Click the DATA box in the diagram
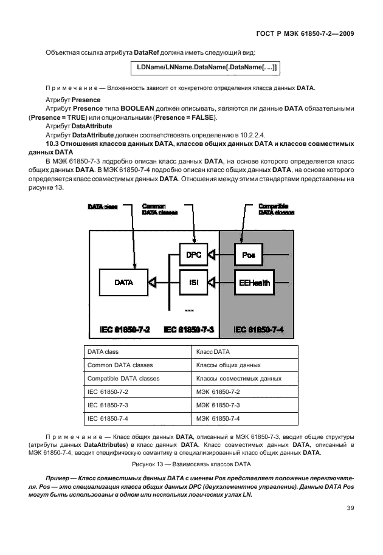pos(123,282)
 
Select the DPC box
pos(193,254)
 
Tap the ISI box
pos(193,281)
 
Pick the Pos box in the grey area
pos(248,254)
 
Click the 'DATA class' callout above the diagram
pos(102,207)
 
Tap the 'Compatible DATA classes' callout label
pos(276,210)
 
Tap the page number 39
pos(350,508)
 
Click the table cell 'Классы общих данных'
pos(228,365)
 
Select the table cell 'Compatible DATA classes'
pos(123,378)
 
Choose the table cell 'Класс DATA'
pos(213,352)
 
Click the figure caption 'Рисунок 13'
pos(191,463)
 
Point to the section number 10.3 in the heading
pos(52,144)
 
